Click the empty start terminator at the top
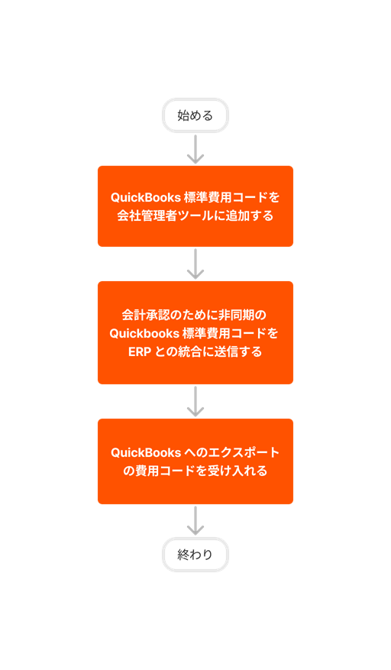[x=195, y=115]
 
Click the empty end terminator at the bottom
[x=195, y=555]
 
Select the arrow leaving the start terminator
[x=195, y=149]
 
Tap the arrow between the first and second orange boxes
[x=195, y=264]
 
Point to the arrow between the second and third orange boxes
[x=195, y=401]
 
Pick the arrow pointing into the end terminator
[x=195, y=520]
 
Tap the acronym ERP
[x=140, y=352]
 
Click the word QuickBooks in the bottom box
[x=146, y=452]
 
